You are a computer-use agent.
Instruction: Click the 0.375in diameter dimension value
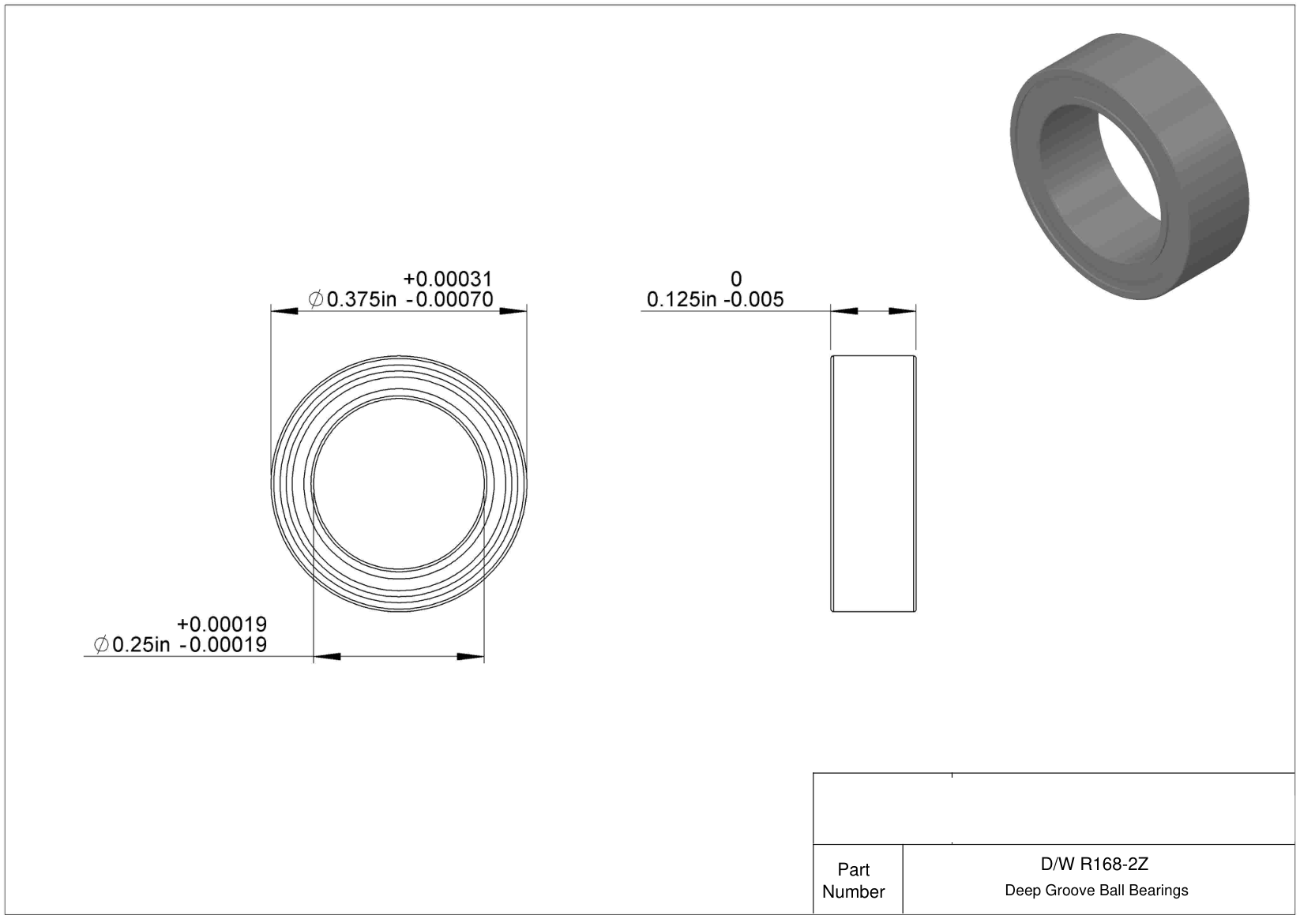coord(362,299)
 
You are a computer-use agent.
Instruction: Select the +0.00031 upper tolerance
coord(448,279)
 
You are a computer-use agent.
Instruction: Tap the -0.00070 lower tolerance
coord(449,299)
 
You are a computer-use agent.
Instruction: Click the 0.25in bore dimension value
coord(141,644)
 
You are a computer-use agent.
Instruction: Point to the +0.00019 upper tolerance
coord(222,625)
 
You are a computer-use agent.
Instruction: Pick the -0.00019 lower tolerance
coord(224,644)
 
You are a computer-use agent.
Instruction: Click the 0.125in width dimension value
coord(682,299)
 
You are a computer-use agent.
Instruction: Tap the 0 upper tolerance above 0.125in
coord(736,279)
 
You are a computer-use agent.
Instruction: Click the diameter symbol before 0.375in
coord(316,299)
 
